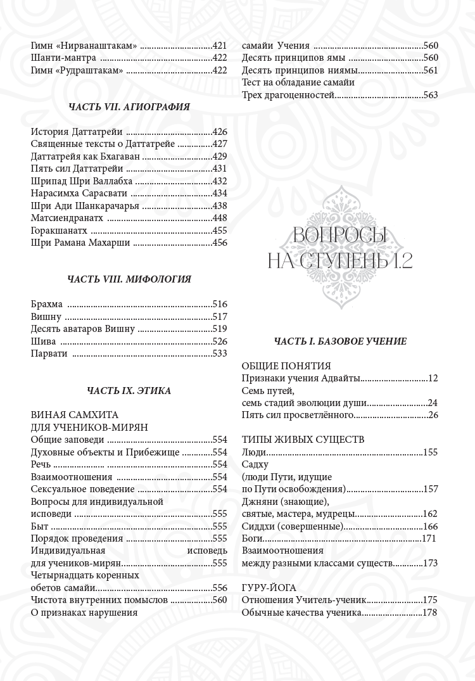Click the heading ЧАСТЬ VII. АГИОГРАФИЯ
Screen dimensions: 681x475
129,107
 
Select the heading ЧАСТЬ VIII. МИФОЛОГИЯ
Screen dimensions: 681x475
129,278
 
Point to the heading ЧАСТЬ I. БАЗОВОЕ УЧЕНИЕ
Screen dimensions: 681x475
340,341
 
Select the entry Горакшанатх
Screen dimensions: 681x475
59,231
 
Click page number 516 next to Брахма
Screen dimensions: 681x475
220,304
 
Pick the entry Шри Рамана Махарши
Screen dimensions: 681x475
72,243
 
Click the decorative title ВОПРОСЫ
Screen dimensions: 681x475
340,237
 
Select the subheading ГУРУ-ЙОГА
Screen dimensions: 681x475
269,588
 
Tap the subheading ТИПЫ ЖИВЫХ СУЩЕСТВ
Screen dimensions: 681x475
303,440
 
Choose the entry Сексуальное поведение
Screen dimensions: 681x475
82,489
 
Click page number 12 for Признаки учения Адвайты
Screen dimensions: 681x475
433,378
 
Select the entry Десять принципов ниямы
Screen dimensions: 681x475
300,70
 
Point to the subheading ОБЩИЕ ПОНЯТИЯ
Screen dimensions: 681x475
286,366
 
